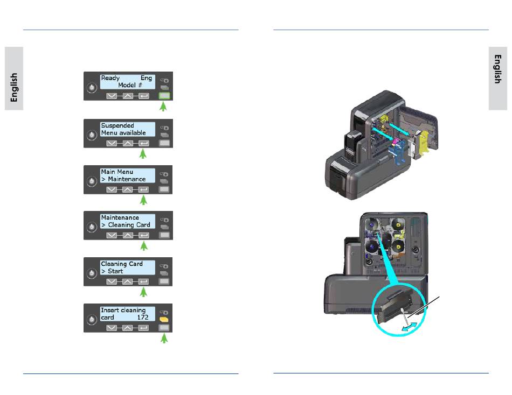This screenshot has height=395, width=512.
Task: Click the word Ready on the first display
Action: click(x=110, y=79)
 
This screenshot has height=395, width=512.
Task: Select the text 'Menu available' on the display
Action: click(x=123, y=133)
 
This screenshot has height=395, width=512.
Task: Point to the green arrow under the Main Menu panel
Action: click(x=143, y=201)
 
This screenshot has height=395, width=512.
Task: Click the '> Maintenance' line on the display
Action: click(x=123, y=179)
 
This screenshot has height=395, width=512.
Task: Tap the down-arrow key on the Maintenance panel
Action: click(x=112, y=235)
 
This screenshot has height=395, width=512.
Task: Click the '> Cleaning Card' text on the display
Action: click(x=126, y=225)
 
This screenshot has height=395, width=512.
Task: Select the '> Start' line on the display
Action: click(x=112, y=271)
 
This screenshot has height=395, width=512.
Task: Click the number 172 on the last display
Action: click(x=143, y=318)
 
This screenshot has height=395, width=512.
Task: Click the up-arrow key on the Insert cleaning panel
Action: click(x=127, y=328)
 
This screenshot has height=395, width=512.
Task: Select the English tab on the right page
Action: click(x=498, y=70)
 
